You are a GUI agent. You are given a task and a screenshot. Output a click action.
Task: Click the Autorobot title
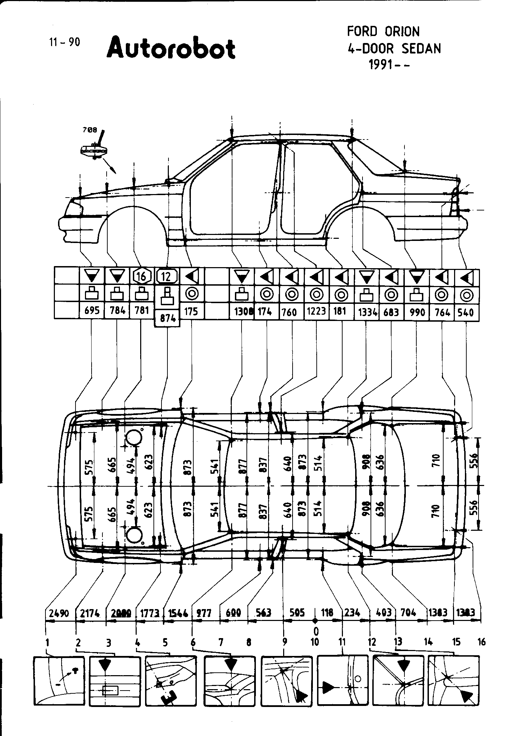click(x=171, y=49)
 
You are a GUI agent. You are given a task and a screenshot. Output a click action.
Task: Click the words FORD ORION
click(x=383, y=32)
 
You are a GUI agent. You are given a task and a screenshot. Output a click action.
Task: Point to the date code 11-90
click(x=65, y=42)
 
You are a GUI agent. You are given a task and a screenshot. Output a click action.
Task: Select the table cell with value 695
click(x=92, y=310)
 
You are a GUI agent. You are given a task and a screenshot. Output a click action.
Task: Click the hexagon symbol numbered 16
click(x=142, y=277)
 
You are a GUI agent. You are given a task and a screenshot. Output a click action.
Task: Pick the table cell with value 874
click(x=167, y=319)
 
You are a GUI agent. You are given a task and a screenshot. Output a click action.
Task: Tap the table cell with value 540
click(x=466, y=312)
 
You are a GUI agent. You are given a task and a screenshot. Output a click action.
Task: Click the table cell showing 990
click(x=417, y=312)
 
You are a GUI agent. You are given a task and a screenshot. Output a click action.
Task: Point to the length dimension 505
click(x=297, y=612)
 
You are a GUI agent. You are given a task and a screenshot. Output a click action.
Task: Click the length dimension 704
click(x=408, y=612)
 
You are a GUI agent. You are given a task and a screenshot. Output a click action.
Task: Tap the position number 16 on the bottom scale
click(x=481, y=642)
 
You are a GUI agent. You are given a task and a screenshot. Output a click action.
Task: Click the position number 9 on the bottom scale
click(x=285, y=642)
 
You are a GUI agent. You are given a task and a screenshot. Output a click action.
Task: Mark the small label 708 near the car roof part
click(x=90, y=130)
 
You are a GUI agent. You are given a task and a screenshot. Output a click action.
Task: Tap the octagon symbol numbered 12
click(x=167, y=277)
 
